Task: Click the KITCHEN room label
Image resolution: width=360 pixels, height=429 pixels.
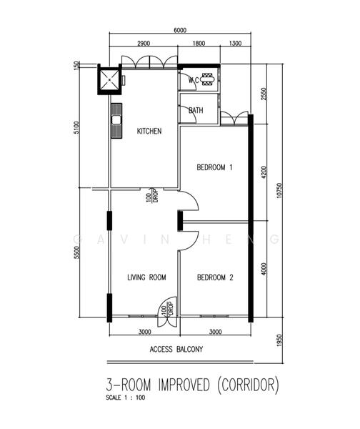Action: (149, 131)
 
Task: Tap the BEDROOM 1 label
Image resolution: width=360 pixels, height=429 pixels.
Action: (214, 167)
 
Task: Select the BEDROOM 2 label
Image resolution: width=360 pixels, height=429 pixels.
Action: (215, 277)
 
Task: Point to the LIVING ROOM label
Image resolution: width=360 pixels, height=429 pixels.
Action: (146, 277)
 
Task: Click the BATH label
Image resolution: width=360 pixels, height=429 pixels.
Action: (196, 110)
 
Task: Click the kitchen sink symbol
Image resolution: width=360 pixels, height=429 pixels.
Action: (116, 121)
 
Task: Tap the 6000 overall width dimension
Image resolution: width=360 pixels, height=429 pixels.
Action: (180, 30)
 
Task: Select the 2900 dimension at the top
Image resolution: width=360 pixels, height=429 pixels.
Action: (144, 43)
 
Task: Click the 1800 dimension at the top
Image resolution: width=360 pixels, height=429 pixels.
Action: (199, 43)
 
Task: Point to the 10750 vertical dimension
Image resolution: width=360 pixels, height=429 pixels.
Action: (279, 190)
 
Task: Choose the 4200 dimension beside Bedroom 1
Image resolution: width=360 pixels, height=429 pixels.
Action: (264, 172)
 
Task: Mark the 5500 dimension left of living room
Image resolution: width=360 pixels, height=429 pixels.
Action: (76, 252)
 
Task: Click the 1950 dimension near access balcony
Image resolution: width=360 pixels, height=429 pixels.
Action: (279, 340)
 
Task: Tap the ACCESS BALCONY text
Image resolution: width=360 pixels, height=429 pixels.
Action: (176, 350)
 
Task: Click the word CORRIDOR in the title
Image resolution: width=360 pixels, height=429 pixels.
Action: (248, 385)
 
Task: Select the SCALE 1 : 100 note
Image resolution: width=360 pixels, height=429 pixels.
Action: (126, 398)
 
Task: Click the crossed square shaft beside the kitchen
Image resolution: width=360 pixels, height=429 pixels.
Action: (109, 79)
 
